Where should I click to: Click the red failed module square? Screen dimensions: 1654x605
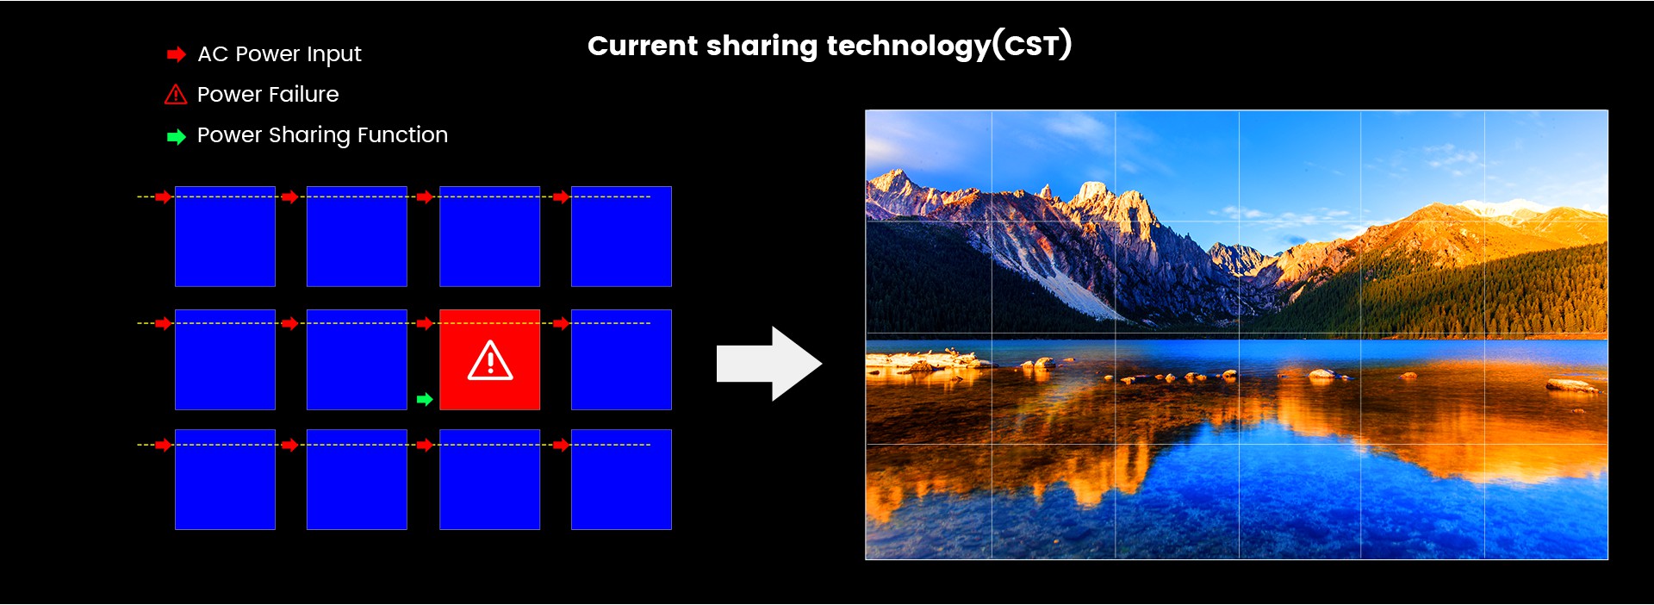tap(489, 359)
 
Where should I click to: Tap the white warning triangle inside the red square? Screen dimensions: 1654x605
tap(490, 360)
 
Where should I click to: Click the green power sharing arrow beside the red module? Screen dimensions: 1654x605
tap(425, 399)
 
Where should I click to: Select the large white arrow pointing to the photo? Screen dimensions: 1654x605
tap(769, 364)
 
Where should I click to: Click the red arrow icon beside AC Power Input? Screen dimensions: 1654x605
tap(177, 54)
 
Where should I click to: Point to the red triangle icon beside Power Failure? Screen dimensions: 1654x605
tap(176, 94)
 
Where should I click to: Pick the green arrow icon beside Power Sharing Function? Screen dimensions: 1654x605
tap(177, 136)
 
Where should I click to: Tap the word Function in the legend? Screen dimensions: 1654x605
tap(402, 134)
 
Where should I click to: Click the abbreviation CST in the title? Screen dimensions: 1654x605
tap(1032, 45)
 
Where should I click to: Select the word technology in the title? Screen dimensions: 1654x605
tap(908, 47)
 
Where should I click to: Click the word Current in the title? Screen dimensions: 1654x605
tap(642, 46)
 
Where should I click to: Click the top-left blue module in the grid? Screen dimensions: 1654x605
tap(225, 236)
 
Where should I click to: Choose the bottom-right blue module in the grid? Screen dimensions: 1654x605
tap(621, 479)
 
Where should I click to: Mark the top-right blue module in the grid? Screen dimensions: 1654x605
tap(621, 236)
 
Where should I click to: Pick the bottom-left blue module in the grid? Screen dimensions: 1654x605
tap(225, 479)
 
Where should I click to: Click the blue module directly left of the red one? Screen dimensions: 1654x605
tap(357, 359)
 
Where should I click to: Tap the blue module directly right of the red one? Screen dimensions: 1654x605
tap(621, 359)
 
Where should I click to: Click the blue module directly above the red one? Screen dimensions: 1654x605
tap(489, 236)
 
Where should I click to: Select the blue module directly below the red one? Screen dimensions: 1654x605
tap(489, 479)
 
